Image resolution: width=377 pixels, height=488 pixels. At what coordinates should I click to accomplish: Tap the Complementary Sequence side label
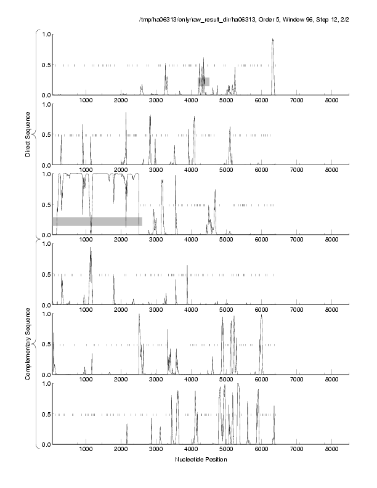tap(28, 345)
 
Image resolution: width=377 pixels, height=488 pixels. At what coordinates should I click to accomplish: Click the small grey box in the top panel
tap(203, 81)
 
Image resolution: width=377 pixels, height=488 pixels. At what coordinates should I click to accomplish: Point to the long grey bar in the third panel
tap(97, 221)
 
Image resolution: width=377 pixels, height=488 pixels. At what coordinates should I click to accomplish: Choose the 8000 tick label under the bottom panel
tap(332, 450)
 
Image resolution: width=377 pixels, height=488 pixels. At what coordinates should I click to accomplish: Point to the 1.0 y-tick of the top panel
tap(45, 34)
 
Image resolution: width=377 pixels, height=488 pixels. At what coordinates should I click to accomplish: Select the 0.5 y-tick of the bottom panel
tap(45, 414)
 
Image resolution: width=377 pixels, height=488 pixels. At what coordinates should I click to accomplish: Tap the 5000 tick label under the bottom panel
tap(227, 450)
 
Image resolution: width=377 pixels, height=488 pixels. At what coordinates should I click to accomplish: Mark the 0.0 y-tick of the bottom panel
tap(45, 444)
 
